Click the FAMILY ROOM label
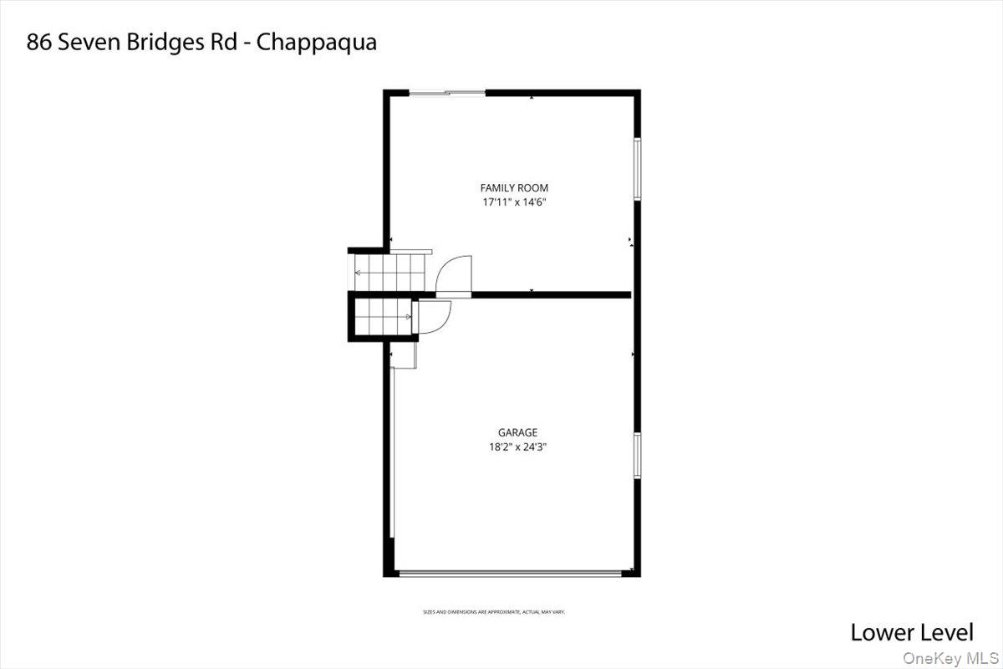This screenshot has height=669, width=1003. point(514,188)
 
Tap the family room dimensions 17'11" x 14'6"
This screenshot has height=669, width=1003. point(514,202)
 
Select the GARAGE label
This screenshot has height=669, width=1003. point(517,432)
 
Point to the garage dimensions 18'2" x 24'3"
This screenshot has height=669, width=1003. point(517,447)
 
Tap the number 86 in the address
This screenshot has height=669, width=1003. point(38,42)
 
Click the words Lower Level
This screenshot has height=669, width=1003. point(912,632)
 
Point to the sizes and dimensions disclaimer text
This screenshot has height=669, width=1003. point(494,612)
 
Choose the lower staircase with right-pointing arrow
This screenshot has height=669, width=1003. point(384,317)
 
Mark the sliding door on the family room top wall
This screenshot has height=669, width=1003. point(447,93)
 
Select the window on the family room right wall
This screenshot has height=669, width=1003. point(636,169)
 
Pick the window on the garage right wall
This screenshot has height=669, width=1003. point(636,456)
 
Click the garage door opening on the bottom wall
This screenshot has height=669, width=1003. point(510,573)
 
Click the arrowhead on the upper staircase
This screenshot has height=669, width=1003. point(359,272)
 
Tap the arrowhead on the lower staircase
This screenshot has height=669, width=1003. point(409,317)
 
